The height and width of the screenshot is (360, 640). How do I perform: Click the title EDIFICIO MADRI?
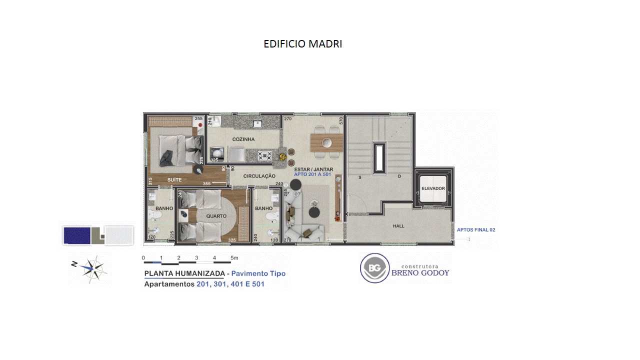(x=303, y=44)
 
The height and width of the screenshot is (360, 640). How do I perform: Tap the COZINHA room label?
(x=243, y=139)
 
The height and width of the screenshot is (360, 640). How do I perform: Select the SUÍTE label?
(x=174, y=179)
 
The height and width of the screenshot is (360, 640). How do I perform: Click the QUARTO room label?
(x=216, y=216)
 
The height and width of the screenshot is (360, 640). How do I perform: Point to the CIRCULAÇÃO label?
(x=259, y=176)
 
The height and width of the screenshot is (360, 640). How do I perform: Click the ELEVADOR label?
(x=433, y=188)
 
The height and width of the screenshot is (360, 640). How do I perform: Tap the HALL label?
(x=398, y=226)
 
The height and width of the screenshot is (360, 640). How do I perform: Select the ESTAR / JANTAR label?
(x=313, y=169)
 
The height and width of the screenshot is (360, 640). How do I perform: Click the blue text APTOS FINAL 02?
(x=476, y=229)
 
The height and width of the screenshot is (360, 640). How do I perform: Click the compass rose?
(x=91, y=269)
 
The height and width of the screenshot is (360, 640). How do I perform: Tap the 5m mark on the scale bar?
(x=234, y=257)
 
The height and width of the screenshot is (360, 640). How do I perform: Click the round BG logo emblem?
(x=374, y=268)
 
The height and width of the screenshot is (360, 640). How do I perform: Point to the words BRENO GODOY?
(x=420, y=273)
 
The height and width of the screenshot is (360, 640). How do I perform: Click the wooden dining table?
(x=326, y=142)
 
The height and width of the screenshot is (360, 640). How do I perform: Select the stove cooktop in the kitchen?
(x=264, y=156)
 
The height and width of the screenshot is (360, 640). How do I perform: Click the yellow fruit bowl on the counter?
(x=283, y=156)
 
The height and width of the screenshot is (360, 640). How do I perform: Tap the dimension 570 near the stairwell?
(x=341, y=120)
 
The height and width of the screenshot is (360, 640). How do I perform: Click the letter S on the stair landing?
(x=359, y=177)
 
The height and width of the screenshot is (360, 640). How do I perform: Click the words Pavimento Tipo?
(x=258, y=273)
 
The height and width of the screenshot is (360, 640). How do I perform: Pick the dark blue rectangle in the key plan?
(x=77, y=235)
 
